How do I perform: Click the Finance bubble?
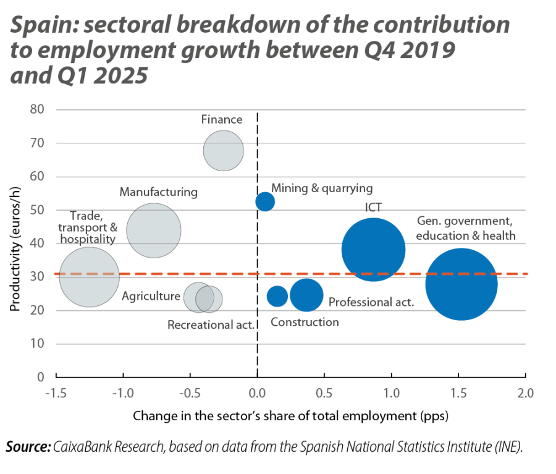coord(224,151)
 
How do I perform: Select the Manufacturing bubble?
coord(154,231)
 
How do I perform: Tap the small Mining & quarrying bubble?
coord(265,201)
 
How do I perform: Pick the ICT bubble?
coord(374,250)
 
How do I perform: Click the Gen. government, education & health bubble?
coord(461,284)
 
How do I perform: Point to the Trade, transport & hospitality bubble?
coord(90,277)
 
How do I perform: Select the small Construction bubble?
coord(277,296)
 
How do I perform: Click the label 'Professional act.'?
coord(371,302)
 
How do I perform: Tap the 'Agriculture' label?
coord(151,297)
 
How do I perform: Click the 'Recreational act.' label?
coord(211,324)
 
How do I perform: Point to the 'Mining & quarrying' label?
coord(322,188)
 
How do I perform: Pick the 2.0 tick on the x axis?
coord(526,392)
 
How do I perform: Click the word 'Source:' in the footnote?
coord(28,447)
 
